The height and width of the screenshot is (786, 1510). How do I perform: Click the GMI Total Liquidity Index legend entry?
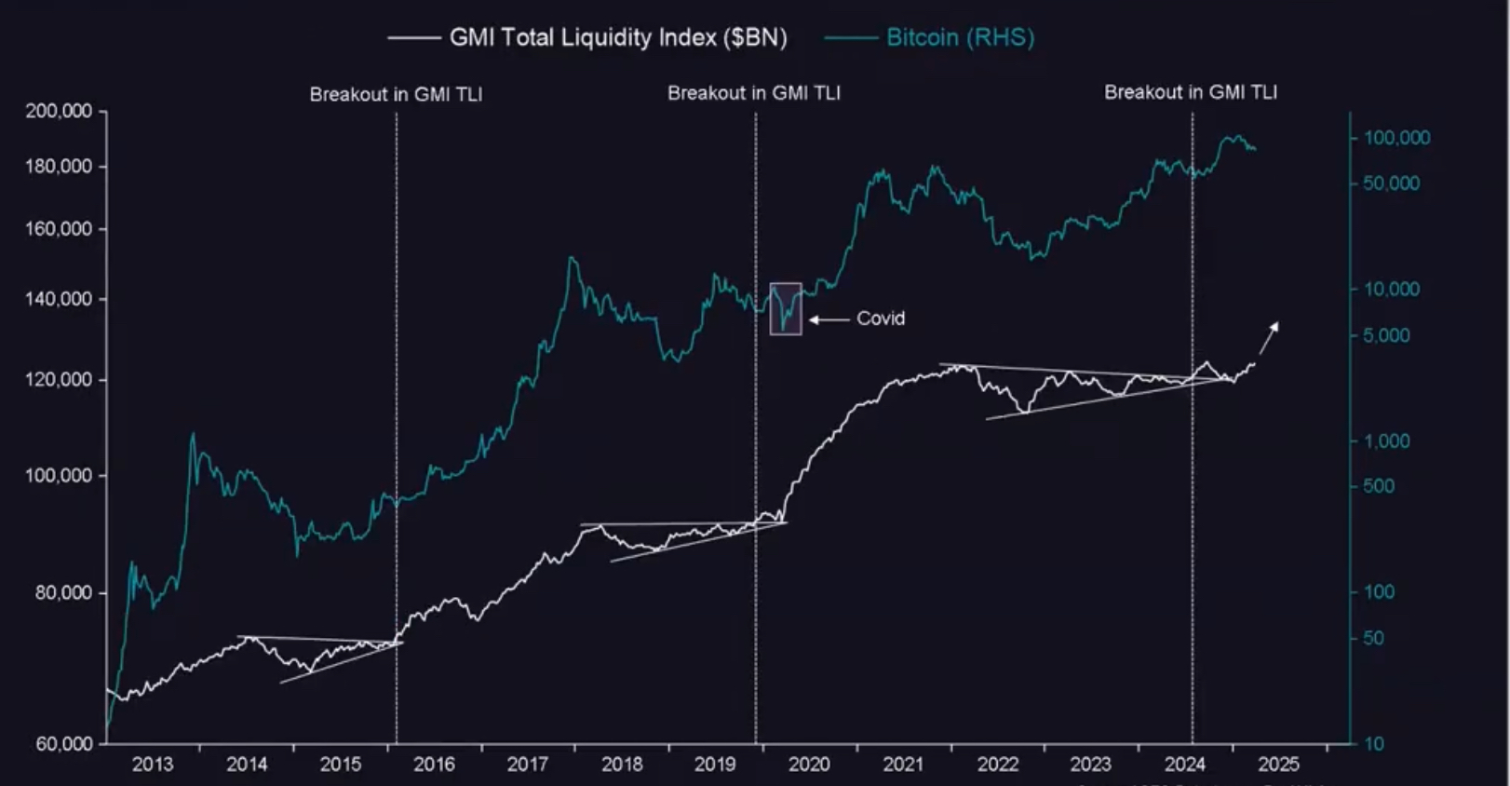coord(617,37)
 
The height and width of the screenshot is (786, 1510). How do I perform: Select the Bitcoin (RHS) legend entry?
coord(959,37)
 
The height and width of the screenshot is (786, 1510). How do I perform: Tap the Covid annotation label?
coord(880,318)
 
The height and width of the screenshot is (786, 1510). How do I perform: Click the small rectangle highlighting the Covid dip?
coord(786,308)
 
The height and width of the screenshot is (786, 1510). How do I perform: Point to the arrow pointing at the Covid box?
coord(829,319)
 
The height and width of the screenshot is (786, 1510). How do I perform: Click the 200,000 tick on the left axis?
coord(60,111)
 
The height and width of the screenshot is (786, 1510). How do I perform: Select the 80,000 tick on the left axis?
coord(64,592)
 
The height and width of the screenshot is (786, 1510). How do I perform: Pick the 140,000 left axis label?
coord(60,299)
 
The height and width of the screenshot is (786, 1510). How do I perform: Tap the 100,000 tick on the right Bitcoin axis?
coord(1396,138)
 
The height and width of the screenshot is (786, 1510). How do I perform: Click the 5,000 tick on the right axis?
coord(1386,335)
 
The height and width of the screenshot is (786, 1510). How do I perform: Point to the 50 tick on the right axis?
coord(1373,638)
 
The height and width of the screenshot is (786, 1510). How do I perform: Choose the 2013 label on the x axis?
coord(152,765)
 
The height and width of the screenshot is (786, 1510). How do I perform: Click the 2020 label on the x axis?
coord(809,765)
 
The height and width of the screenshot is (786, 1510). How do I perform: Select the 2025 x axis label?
coord(1278,765)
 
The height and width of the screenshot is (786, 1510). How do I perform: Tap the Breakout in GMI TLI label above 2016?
coord(396,94)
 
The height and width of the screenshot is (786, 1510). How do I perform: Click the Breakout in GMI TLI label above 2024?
coord(1191,92)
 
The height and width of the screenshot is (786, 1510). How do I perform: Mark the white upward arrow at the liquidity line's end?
coord(1270,336)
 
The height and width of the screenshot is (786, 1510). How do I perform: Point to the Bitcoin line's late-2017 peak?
coord(571,258)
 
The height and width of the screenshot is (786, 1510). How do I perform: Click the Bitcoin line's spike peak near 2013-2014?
coord(194,433)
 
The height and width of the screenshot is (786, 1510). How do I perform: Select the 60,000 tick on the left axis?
coord(64,743)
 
